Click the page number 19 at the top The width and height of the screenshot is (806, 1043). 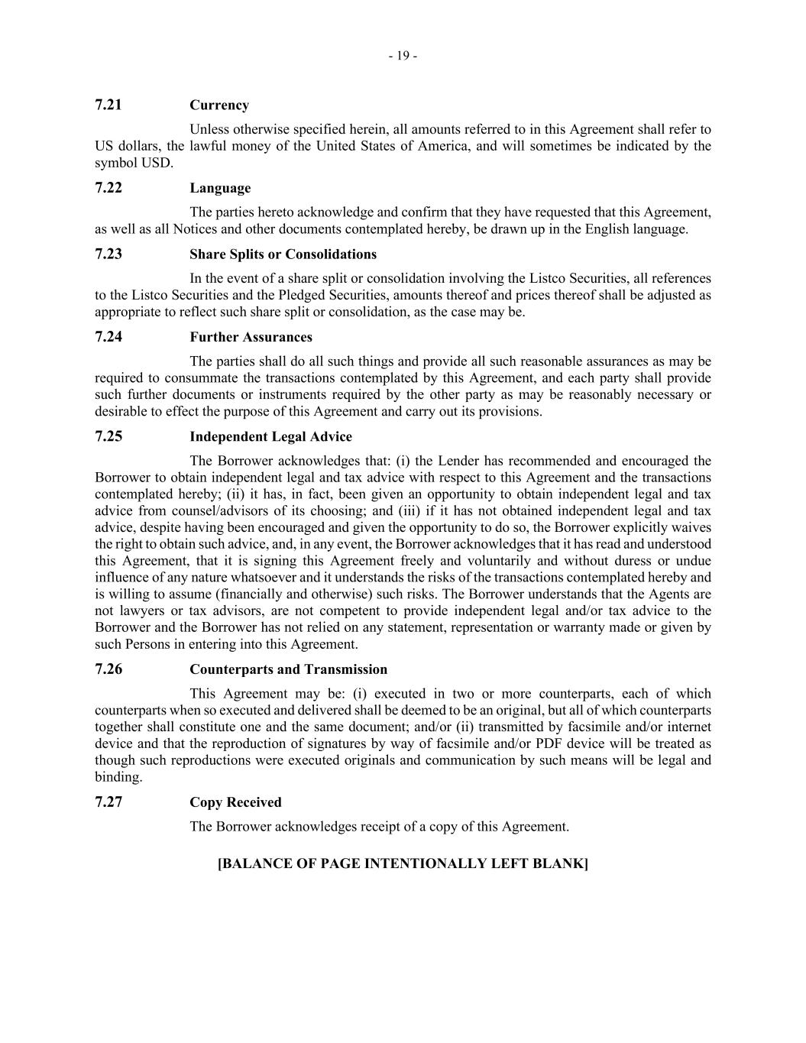pyautogui.click(x=403, y=56)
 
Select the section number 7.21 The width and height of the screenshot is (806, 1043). pyautogui.click(x=108, y=105)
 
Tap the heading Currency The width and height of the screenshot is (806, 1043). pyautogui.click(x=219, y=105)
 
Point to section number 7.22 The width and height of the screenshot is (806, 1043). pyautogui.click(x=108, y=187)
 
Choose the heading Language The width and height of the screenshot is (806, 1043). pyautogui.click(x=220, y=188)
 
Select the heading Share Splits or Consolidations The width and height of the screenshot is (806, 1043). pyautogui.click(x=283, y=254)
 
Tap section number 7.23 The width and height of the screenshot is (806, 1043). pyautogui.click(x=108, y=254)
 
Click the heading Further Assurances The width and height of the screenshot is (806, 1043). pyautogui.click(x=251, y=337)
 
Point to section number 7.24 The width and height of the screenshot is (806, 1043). pyautogui.click(x=108, y=336)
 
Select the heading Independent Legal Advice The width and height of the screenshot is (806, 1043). pyautogui.click(x=270, y=437)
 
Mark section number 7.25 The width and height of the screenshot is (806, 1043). pyautogui.click(x=108, y=436)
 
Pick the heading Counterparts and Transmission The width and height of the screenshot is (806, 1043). pyautogui.click(x=288, y=669)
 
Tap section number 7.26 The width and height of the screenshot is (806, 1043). pyautogui.click(x=108, y=669)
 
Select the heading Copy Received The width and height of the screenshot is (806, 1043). pyautogui.click(x=235, y=802)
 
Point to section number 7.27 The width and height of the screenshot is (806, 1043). pyautogui.click(x=108, y=802)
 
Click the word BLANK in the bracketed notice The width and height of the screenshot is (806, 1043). pyautogui.click(x=560, y=863)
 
